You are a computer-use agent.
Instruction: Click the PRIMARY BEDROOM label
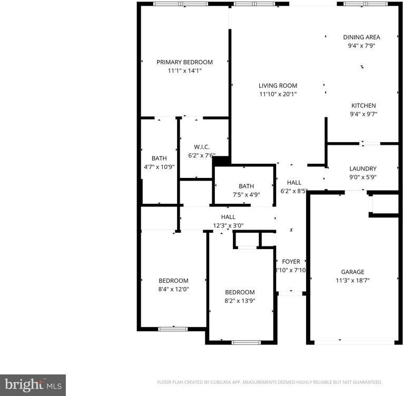[x=184, y=62]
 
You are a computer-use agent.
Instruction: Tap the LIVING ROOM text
[x=278, y=86]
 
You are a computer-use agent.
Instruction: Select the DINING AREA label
[x=361, y=37]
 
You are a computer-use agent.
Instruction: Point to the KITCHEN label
[x=363, y=106]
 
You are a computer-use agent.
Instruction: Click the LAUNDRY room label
[x=362, y=169]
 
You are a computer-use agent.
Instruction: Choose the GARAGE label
[x=352, y=272]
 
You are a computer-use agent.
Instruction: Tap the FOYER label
[x=291, y=262]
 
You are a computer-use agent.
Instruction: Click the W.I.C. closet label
[x=202, y=147]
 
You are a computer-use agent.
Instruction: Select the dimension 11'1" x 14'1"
[x=184, y=71]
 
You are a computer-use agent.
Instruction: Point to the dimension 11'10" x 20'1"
[x=278, y=95]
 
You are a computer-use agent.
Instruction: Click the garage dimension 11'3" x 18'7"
[x=352, y=281]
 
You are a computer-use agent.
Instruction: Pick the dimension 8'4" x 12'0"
[x=173, y=289]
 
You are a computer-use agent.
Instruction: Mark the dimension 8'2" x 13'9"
[x=240, y=301]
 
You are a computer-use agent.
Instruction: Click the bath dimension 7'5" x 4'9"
[x=246, y=195]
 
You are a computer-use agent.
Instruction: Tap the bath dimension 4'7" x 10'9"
[x=159, y=167]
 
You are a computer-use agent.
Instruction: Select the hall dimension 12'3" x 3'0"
[x=228, y=225]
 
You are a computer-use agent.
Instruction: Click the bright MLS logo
[x=33, y=385]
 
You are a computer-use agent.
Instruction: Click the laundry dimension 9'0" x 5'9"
[x=362, y=177]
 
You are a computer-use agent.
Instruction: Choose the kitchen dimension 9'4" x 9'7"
[x=363, y=114]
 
